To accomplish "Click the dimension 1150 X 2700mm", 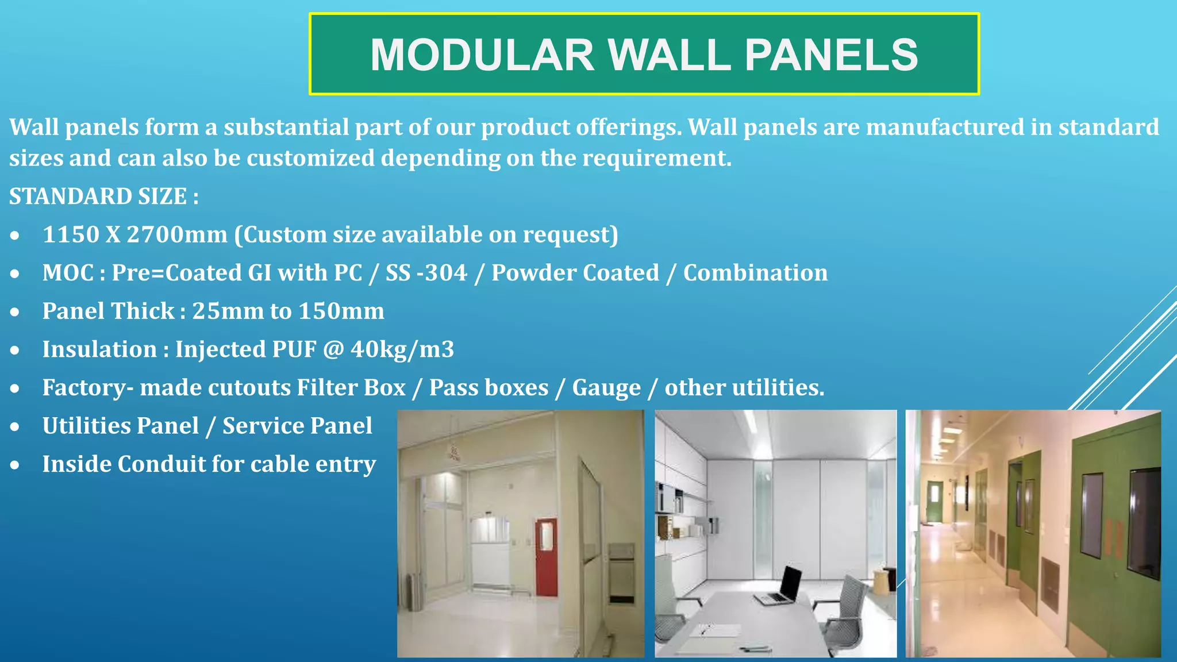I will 135,234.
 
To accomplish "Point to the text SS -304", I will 426,273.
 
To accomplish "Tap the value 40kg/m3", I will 402,349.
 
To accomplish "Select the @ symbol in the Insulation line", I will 333,349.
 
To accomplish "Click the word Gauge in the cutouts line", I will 606,388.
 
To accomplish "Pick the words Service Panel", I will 297,426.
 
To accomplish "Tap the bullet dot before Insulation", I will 15,350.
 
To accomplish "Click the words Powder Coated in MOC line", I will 575,273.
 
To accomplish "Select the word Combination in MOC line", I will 755,273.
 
